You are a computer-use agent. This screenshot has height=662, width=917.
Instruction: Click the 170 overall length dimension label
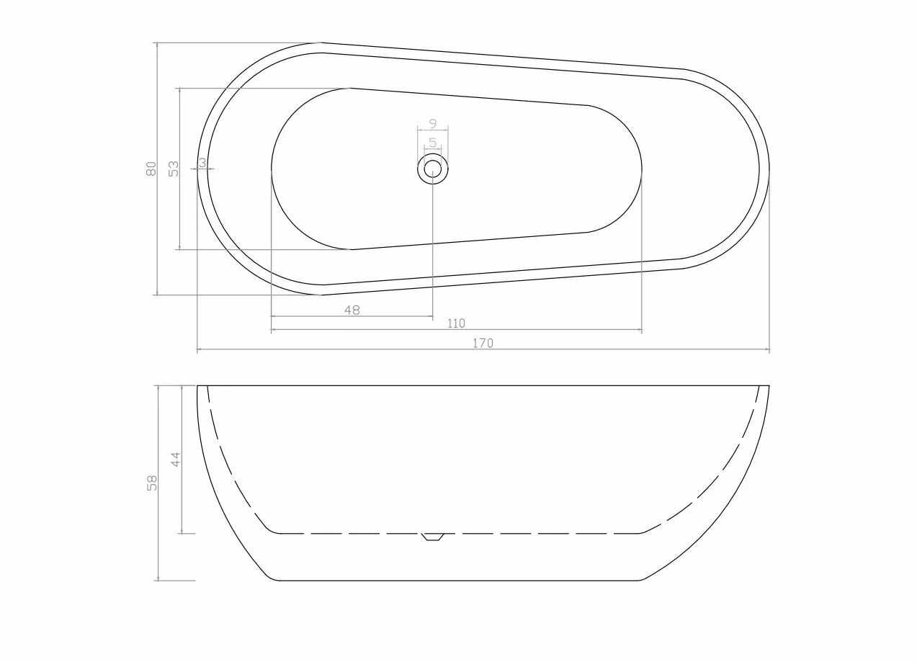[x=483, y=343]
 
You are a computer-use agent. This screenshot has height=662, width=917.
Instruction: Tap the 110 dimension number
[x=456, y=323]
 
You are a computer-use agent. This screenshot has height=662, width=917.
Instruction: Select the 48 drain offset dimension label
[x=352, y=310]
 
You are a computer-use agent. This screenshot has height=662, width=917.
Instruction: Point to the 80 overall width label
[x=151, y=169]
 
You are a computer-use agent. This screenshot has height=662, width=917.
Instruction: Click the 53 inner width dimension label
[x=174, y=169]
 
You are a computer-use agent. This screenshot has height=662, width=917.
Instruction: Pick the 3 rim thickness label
[x=202, y=163]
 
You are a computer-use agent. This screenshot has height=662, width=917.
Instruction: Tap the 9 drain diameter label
[x=433, y=123]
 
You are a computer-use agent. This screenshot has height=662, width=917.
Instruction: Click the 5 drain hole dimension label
[x=433, y=143]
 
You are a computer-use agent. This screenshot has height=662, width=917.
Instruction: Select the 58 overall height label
[x=152, y=483]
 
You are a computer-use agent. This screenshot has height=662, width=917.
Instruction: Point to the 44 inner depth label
[x=175, y=459]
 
